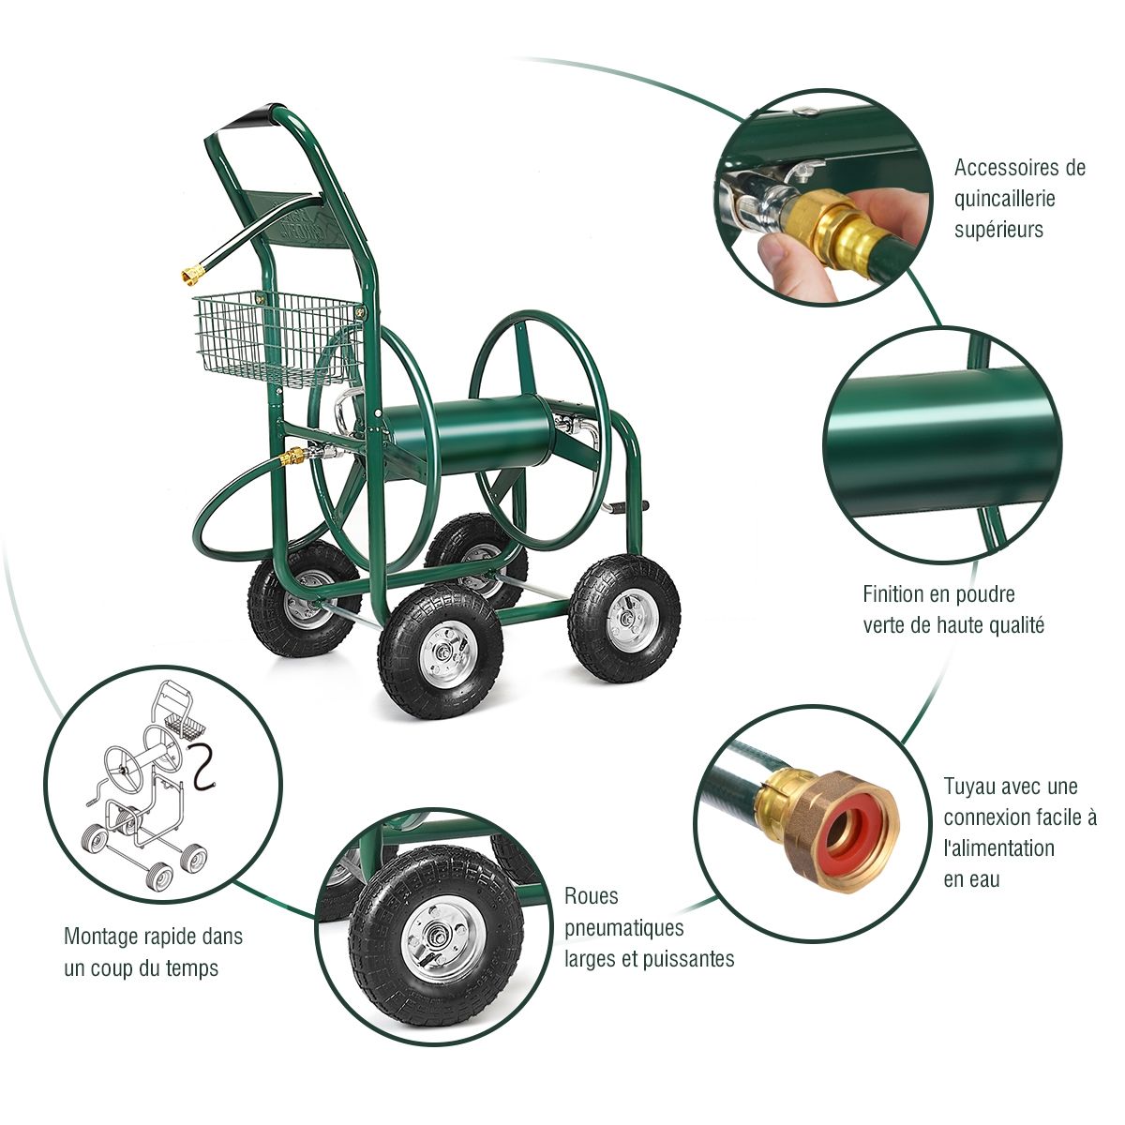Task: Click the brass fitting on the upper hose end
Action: click(194, 274)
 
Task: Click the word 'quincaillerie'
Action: click(1004, 199)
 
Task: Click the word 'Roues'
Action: click(592, 896)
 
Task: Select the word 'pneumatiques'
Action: click(623, 928)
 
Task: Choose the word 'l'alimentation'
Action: click(998, 848)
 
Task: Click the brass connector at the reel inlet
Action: click(293, 457)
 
